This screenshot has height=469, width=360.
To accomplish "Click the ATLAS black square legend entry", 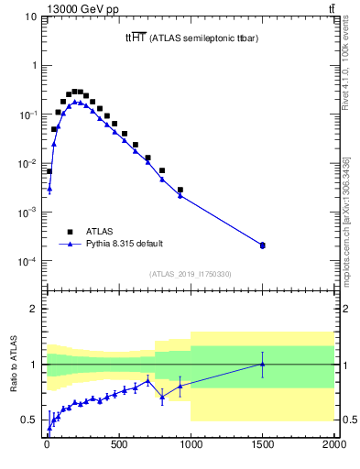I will tap(70, 231).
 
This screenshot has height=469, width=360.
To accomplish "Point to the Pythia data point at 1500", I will tap(263, 245).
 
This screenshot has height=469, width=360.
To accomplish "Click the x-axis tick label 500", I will tap(118, 447).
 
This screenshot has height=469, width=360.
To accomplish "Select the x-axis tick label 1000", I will tap(191, 447).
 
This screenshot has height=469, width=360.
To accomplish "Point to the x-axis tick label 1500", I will tap(263, 447).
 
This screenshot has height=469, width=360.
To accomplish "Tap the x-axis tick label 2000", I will tap(333, 447).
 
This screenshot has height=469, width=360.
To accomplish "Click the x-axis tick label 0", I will tap(47, 447).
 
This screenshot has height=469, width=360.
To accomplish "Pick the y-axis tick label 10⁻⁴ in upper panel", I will tap(29, 262).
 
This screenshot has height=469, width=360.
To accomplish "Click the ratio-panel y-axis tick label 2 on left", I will tap(35, 309).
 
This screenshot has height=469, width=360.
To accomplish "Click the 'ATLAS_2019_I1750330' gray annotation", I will tap(191, 274).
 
